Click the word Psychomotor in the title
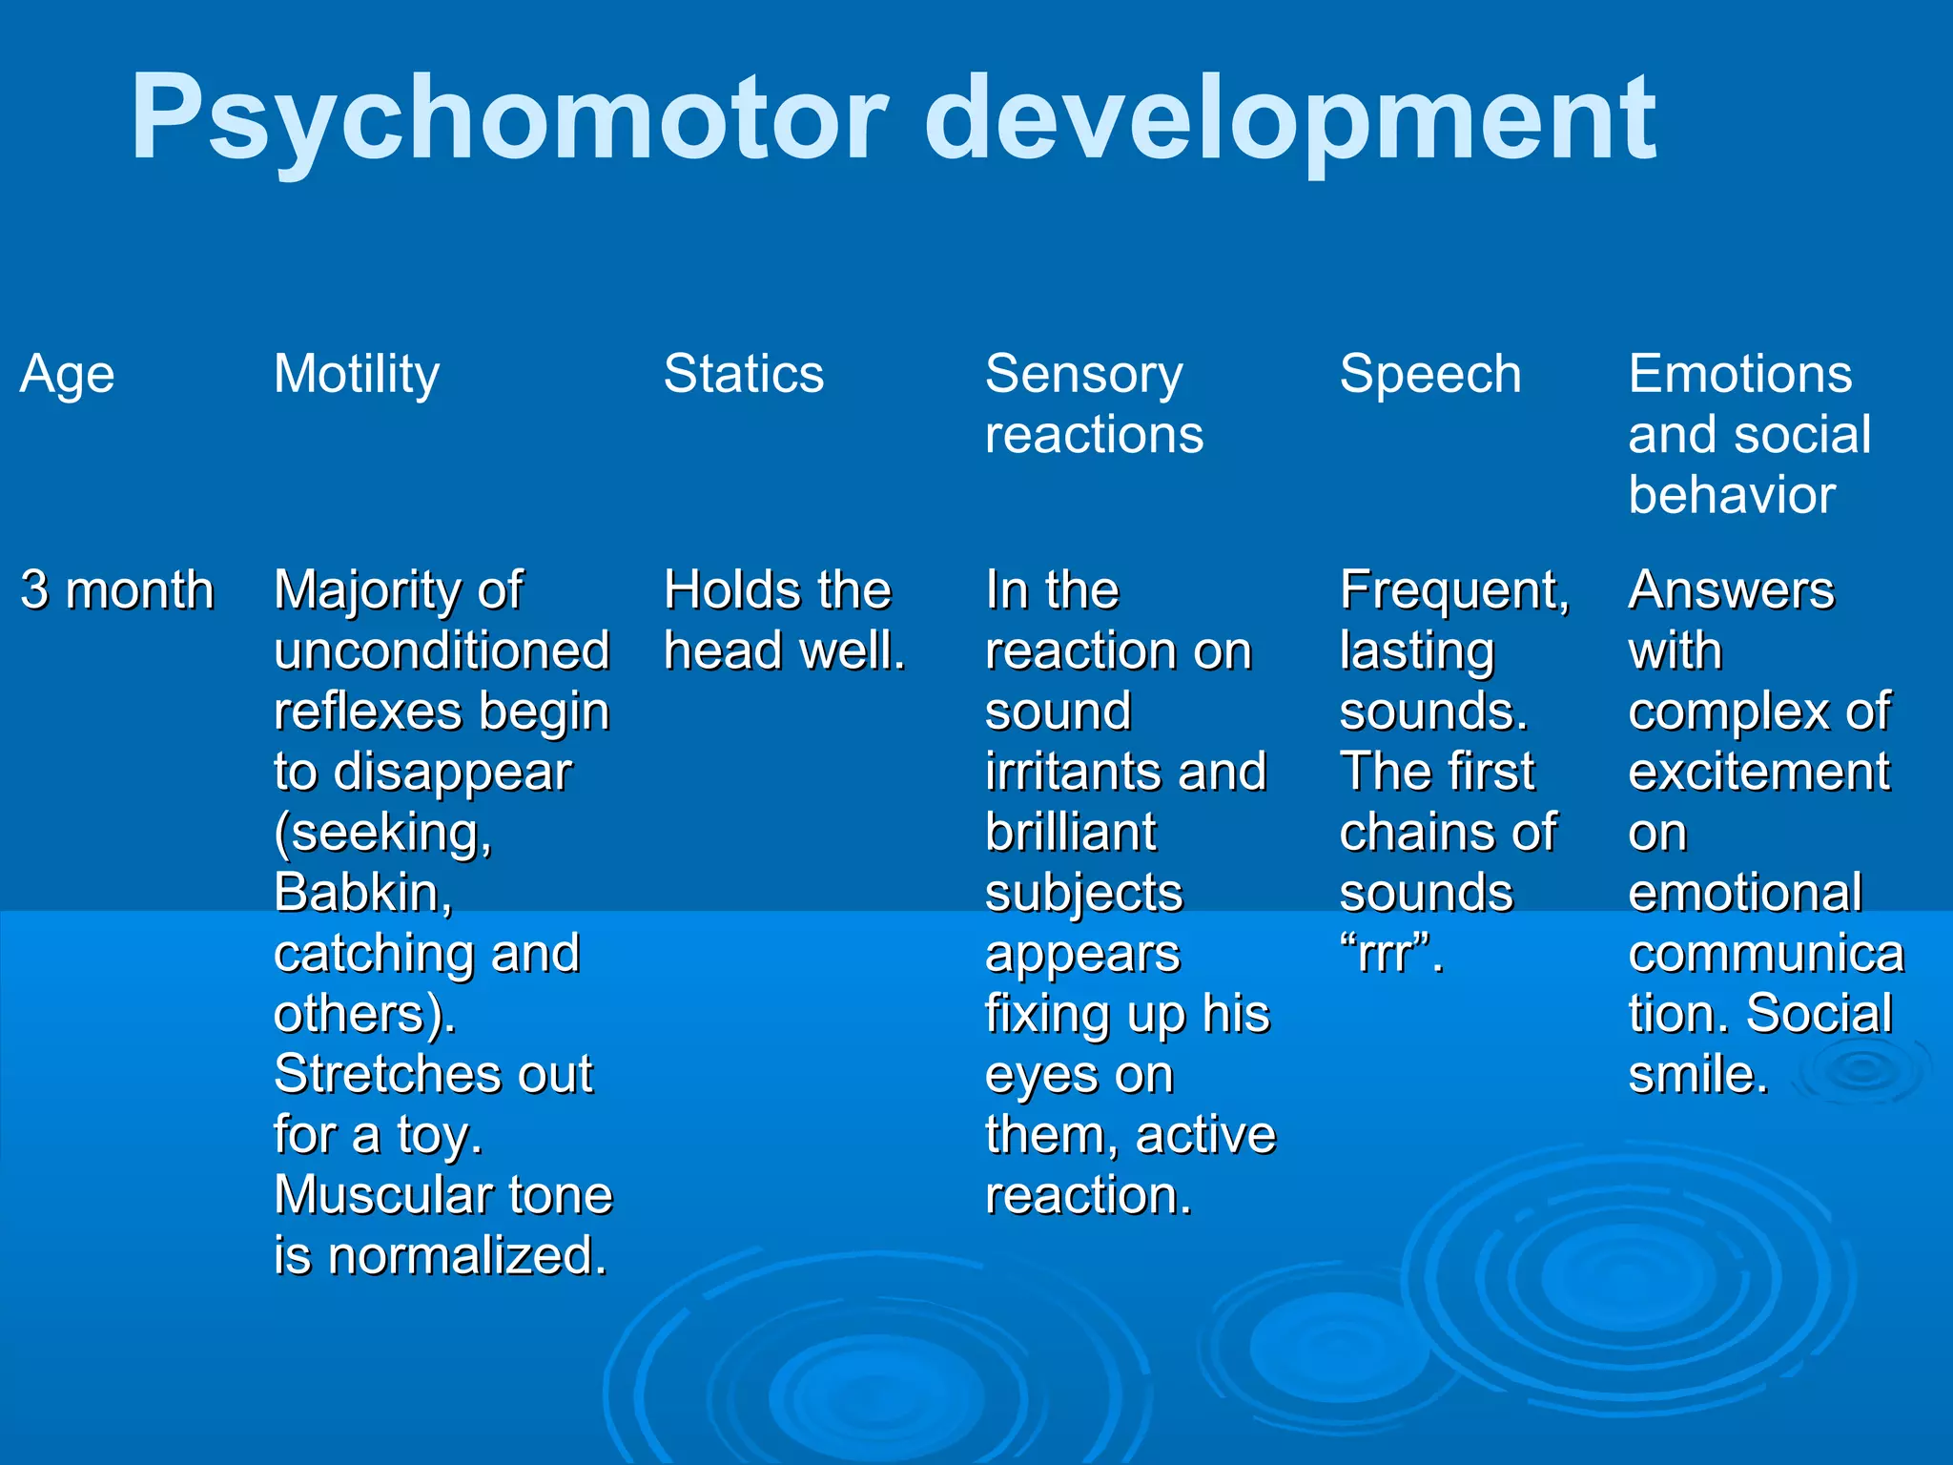509,119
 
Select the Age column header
67,374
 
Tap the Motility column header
357,374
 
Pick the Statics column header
744,374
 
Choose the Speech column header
1430,374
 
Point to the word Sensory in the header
1084,374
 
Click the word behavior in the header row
1732,495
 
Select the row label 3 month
117,590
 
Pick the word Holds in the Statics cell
723,590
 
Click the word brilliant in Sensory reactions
1071,833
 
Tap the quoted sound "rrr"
1391,953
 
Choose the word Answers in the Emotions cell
1731,590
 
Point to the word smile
1697,1075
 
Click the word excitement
1758,772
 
